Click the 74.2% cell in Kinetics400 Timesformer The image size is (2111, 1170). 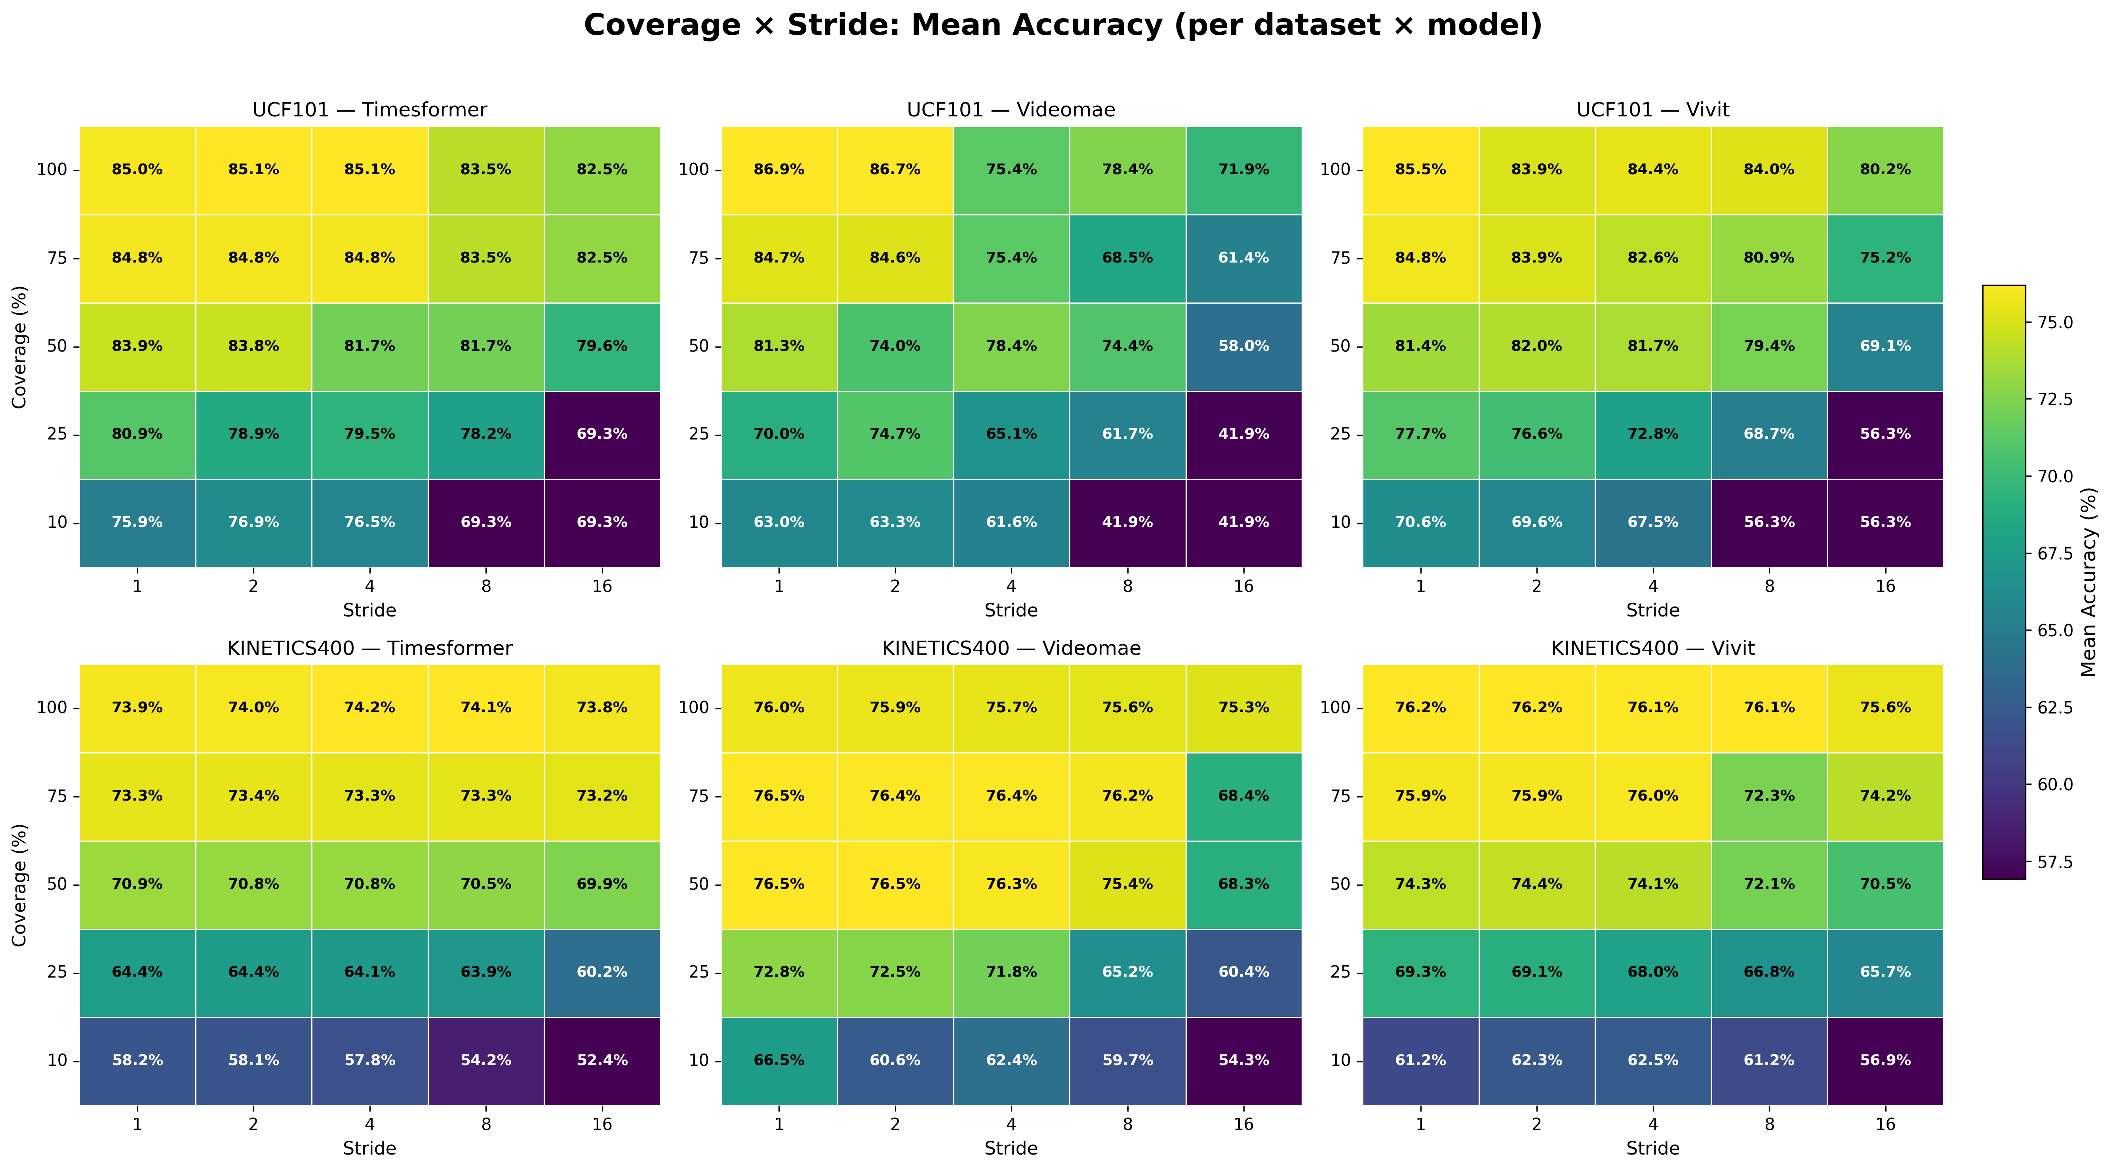tap(369, 708)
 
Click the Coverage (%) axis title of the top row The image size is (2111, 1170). tap(20, 346)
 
